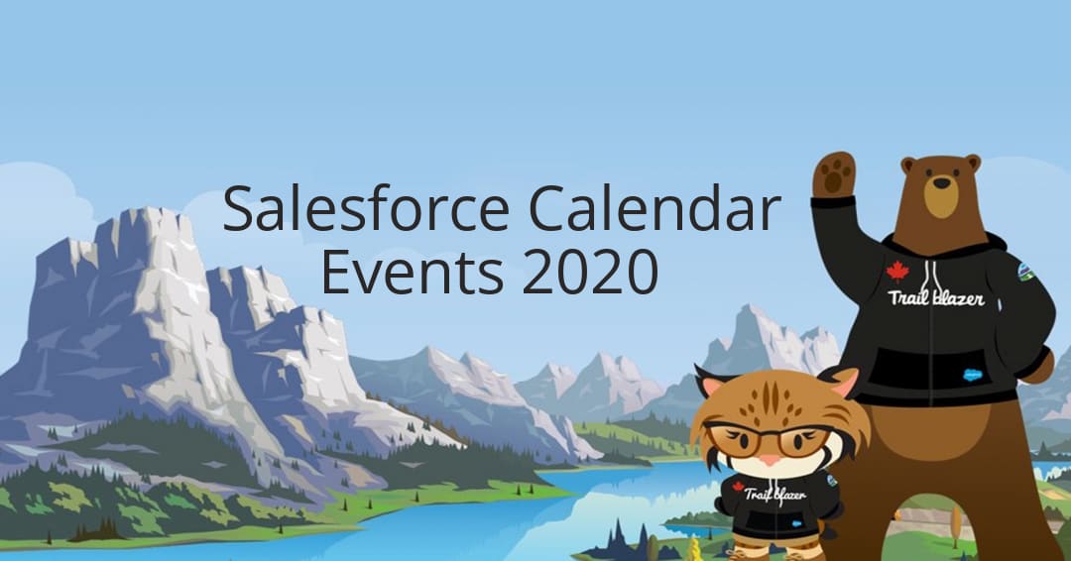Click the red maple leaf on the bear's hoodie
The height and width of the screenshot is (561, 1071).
[897, 271]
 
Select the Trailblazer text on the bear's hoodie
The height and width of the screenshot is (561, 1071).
[936, 296]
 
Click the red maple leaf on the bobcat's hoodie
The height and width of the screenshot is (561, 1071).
[738, 486]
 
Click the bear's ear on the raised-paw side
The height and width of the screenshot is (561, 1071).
[908, 164]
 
